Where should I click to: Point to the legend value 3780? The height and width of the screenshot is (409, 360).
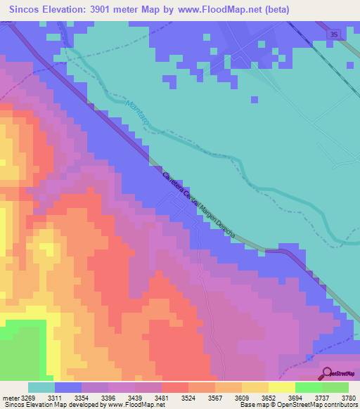(x=349, y=398)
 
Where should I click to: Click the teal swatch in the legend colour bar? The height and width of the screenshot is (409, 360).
(x=41, y=387)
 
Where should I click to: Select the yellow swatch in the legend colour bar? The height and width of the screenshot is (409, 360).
(x=281, y=387)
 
